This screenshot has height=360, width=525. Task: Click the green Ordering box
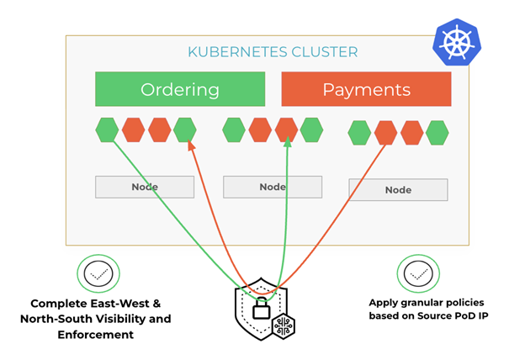point(180,89)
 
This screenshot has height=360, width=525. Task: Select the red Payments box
point(366,89)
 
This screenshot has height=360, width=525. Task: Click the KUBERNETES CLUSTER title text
point(273,52)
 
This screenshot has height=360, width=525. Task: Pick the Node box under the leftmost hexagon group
point(145,187)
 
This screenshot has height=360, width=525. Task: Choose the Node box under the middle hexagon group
point(272,187)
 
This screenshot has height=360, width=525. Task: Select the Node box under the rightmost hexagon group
point(398,190)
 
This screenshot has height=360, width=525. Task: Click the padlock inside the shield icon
point(261,308)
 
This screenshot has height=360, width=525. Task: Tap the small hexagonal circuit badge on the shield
point(283,325)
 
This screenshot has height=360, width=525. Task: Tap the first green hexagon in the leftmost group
point(107,130)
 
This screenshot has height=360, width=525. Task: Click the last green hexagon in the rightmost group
point(437,133)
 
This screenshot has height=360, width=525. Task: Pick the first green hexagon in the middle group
point(234,130)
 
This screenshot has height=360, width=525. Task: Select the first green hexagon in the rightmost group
point(360,133)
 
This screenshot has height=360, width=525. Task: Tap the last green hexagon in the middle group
point(311,130)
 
